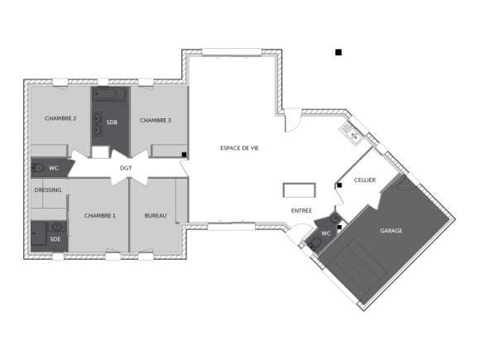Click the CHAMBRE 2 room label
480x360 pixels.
60,119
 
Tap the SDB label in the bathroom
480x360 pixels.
112,122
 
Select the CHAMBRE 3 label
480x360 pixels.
156,120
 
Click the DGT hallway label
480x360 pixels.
126,168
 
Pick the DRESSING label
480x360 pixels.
48,190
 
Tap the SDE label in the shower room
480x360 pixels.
55,238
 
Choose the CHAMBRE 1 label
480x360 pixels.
100,215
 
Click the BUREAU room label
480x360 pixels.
156,215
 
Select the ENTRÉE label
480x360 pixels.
301,211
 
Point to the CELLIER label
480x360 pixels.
365,180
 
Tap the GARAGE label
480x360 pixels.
391,230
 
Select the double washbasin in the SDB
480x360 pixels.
98,122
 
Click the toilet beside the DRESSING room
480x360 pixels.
38,168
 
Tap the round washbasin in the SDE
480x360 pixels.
56,225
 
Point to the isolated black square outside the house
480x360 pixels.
338,52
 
